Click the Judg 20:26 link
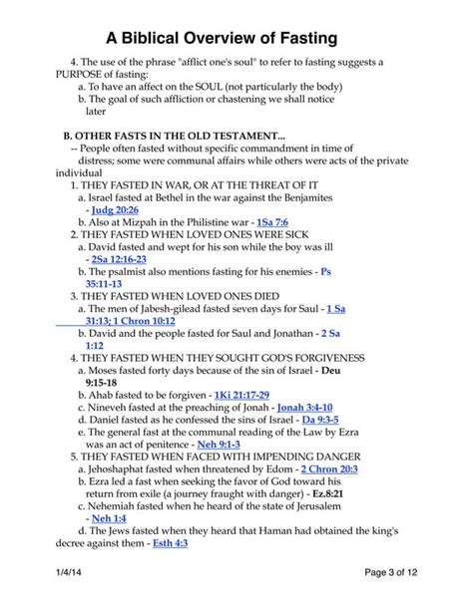tap(115, 210)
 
